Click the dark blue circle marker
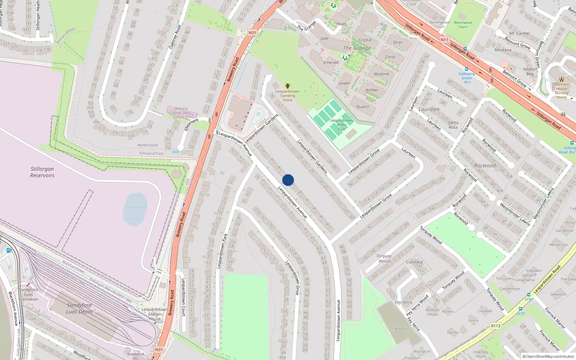click(x=288, y=180)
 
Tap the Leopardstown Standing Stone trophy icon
click(x=287, y=86)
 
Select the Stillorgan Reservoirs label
click(x=42, y=172)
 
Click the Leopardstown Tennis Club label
click(x=341, y=125)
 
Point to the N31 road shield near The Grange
click(x=252, y=33)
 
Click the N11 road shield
click(x=444, y=40)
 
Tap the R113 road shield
click(x=495, y=326)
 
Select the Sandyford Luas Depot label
click(x=79, y=308)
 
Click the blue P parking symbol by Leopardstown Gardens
click(x=258, y=115)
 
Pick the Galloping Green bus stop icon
click(x=467, y=69)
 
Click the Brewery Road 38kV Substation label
click(x=181, y=113)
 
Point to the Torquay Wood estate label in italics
click(x=384, y=258)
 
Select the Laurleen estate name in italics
click(x=429, y=109)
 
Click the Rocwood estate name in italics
click(x=485, y=166)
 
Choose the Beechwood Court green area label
click(x=463, y=24)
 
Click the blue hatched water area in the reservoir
click(x=135, y=209)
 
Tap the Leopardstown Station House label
click(x=154, y=314)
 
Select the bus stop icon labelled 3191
click(x=528, y=295)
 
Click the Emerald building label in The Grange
click(x=331, y=62)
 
